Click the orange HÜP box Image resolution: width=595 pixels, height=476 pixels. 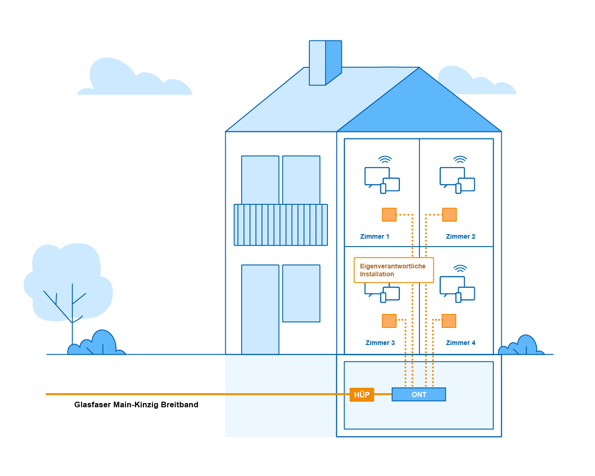(x=362, y=394)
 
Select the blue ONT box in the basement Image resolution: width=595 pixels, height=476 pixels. (x=418, y=394)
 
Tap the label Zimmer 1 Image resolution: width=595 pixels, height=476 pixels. (x=374, y=236)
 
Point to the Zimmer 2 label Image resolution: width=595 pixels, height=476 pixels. (x=460, y=236)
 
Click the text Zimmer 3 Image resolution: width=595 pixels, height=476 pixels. (x=380, y=343)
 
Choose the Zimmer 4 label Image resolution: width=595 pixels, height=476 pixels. (x=460, y=343)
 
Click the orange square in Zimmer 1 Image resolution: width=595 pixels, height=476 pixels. (x=389, y=215)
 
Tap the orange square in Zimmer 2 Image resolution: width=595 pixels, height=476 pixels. (x=449, y=215)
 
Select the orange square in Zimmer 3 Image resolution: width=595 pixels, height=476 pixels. (x=389, y=321)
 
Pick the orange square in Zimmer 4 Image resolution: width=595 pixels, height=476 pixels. (x=449, y=321)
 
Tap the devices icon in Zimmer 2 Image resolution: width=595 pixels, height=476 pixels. (x=458, y=180)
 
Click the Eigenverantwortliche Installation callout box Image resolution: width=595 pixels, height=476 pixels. (x=394, y=270)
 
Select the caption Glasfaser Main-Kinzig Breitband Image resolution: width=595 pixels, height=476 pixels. (x=136, y=404)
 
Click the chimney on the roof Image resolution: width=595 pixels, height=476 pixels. (x=326, y=63)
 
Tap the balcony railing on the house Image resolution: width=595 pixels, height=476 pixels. (x=281, y=225)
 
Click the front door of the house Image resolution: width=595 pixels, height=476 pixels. (x=260, y=309)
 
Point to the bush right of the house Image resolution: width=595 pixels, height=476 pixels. (x=521, y=345)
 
